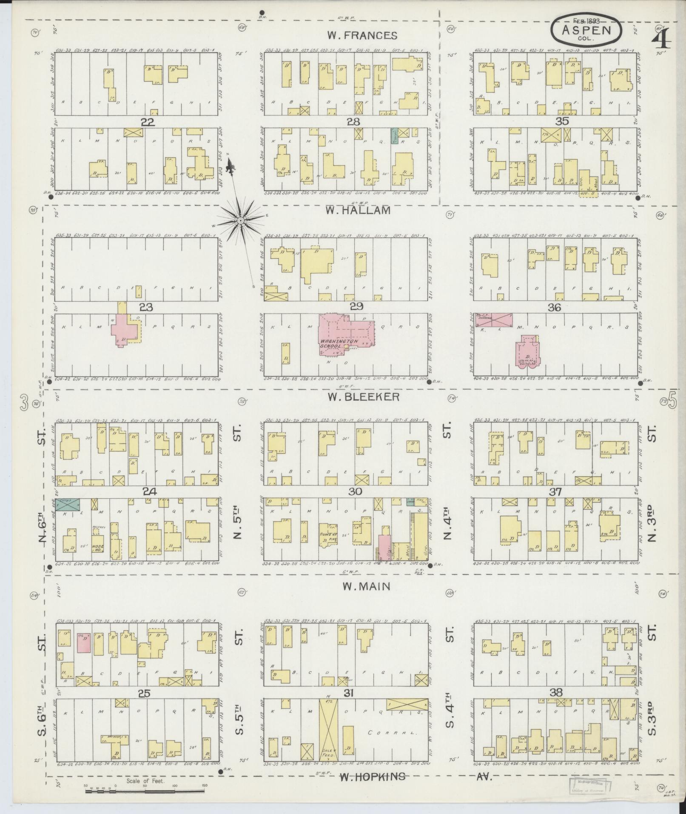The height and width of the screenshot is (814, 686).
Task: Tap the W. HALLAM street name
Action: point(358,210)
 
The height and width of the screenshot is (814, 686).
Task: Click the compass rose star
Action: point(240,220)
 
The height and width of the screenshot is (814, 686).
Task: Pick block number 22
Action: point(148,122)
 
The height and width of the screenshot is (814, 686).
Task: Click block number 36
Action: point(555,307)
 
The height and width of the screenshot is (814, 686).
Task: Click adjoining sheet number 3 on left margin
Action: point(25,402)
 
